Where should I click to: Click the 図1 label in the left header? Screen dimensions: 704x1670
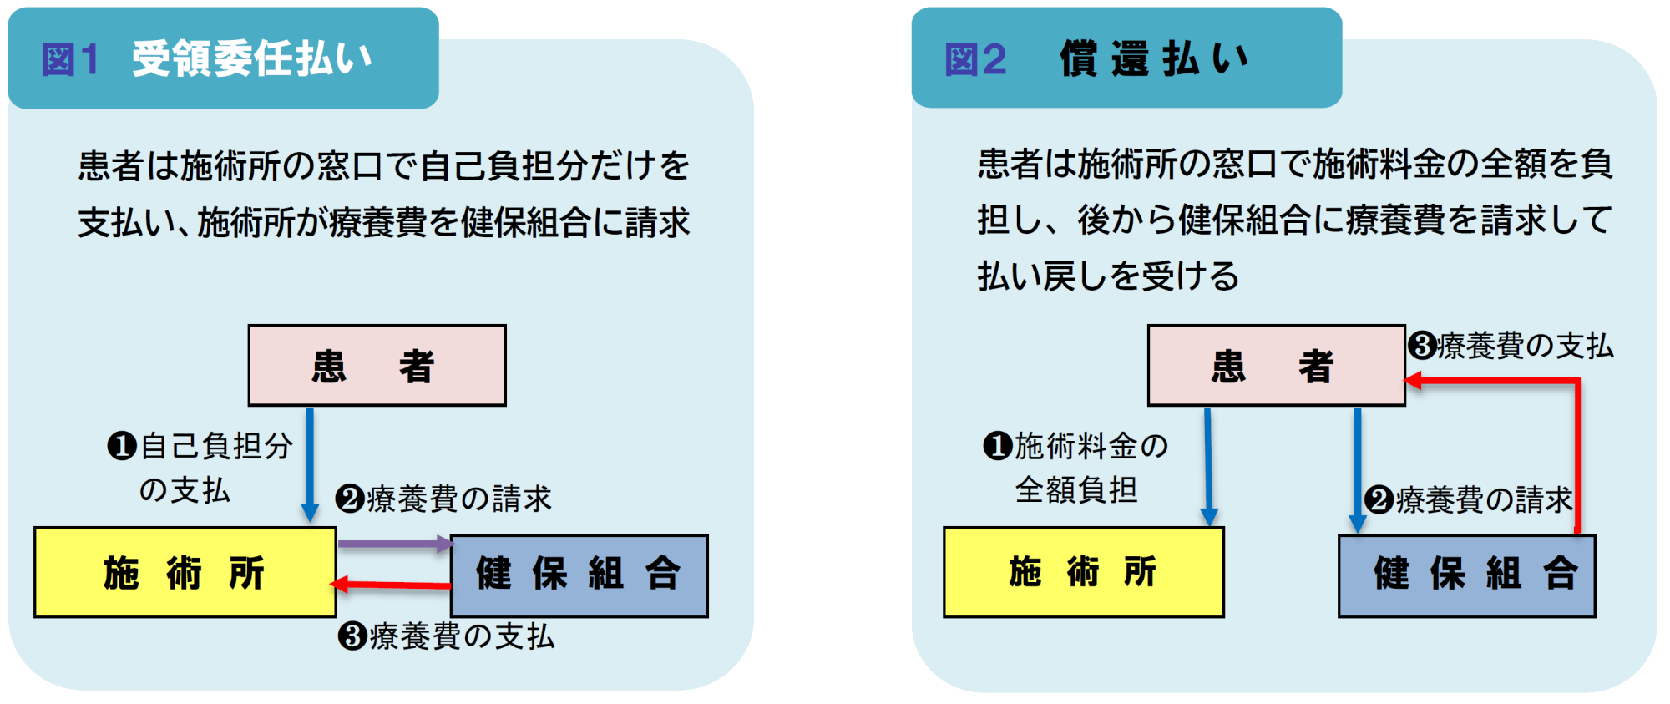point(70,60)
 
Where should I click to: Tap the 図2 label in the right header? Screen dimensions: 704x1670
point(974,60)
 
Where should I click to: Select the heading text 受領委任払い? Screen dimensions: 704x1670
point(251,59)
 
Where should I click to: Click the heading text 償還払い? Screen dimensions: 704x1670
point(1155,59)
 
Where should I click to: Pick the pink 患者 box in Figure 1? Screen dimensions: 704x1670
point(377,366)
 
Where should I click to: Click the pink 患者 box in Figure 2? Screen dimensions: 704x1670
point(1276,366)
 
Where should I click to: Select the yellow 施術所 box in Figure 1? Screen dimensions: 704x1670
point(185,573)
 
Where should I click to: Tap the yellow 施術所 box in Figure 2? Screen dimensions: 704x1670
point(1083,573)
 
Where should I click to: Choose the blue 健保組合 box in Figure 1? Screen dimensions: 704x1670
point(579,575)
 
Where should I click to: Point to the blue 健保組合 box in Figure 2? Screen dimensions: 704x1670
point(1466,575)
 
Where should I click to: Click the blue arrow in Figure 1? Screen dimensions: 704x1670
point(310,463)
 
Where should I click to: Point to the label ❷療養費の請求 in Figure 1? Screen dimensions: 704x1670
point(443,499)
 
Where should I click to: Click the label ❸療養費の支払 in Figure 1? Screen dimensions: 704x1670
point(446,636)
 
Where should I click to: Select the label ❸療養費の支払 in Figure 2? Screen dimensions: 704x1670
point(1511,346)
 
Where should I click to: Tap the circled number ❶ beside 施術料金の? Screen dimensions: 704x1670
point(997,446)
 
